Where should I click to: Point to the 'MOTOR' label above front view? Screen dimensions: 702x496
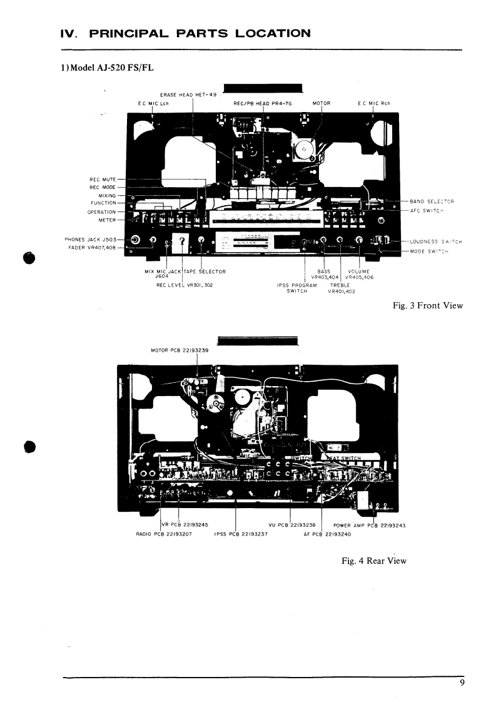point(321,103)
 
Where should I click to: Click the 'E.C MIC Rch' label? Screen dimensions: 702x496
point(373,103)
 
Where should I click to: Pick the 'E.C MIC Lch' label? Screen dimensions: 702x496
point(153,103)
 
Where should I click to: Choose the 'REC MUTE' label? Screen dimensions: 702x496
point(103,180)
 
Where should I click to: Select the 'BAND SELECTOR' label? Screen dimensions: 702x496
point(432,201)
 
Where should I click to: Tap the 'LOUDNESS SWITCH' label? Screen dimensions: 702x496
point(435,242)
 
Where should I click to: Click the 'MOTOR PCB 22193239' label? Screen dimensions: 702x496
point(180,350)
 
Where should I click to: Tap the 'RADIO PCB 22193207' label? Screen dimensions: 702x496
point(164,534)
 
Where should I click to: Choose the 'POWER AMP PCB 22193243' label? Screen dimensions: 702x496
point(370,526)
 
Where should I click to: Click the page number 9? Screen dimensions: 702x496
point(462,683)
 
